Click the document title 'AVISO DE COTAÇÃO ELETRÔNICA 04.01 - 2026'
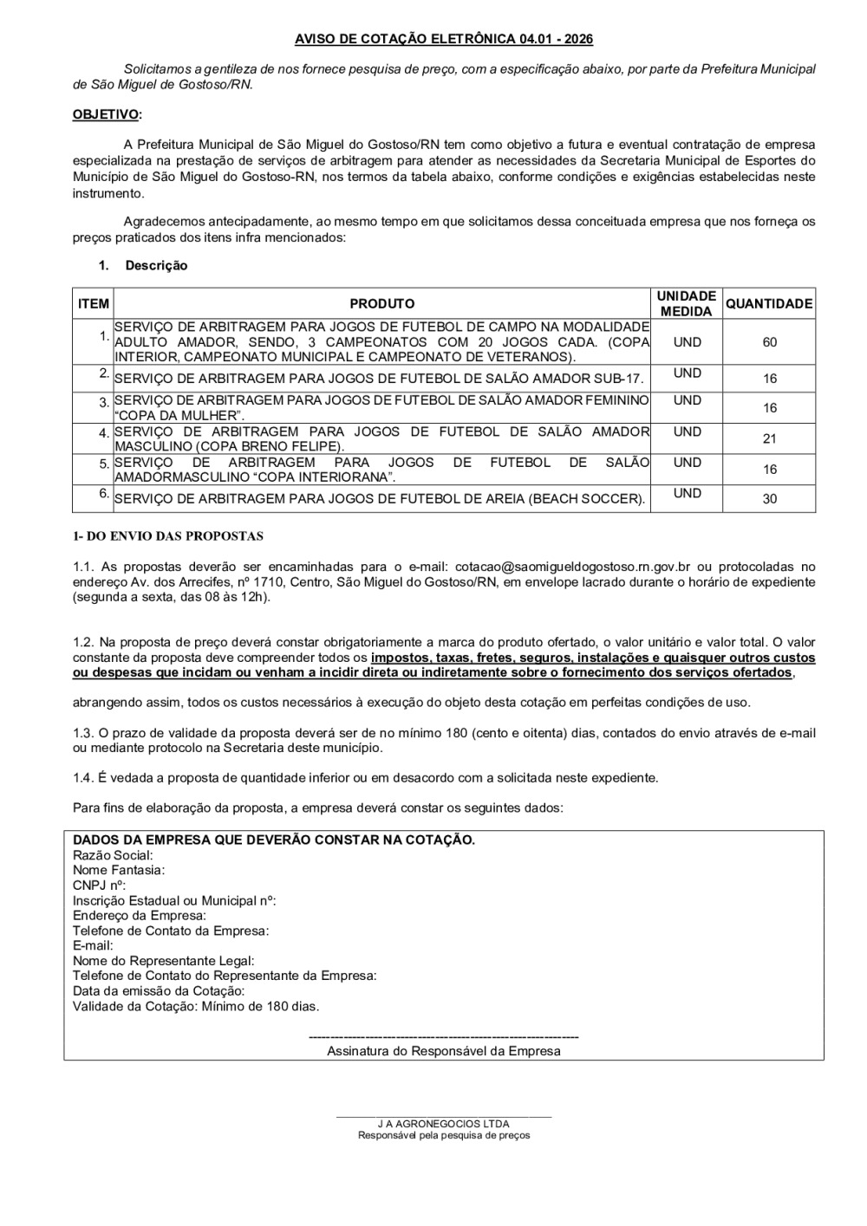click(444, 40)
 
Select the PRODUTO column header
click(381, 304)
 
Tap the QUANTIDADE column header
click(769, 304)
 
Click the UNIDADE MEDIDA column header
click(686, 304)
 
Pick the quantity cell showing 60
click(769, 342)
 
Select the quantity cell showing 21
click(769, 439)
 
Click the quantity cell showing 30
click(769, 499)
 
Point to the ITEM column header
click(94, 304)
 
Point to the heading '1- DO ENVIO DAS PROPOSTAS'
click(168, 537)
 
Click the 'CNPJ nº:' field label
click(100, 885)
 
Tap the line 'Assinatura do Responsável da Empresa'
click(444, 1052)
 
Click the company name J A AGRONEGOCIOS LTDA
click(444, 1125)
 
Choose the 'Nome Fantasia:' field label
click(119, 870)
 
